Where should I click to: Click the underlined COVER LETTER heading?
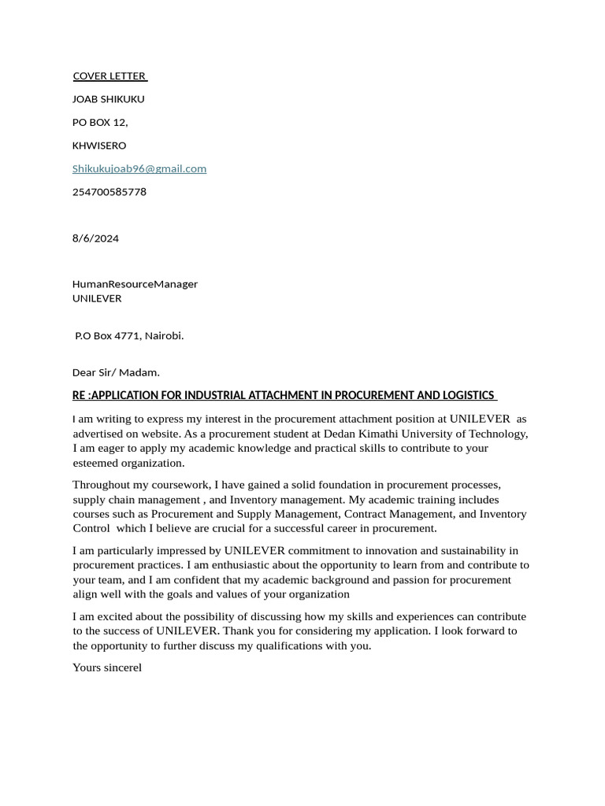click(x=109, y=76)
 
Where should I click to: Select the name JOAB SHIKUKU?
click(x=109, y=99)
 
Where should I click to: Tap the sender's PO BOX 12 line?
click(x=100, y=122)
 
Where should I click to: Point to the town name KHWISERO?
click(x=99, y=146)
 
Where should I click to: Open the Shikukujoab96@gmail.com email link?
click(x=139, y=168)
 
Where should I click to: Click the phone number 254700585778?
click(x=109, y=192)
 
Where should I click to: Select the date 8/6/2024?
click(x=95, y=238)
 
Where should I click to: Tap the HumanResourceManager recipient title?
click(x=135, y=284)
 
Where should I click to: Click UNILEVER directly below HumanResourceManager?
click(x=97, y=298)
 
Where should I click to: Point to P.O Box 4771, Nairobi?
click(x=129, y=335)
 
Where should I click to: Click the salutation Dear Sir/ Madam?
click(x=116, y=372)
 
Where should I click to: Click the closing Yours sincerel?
click(x=107, y=667)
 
